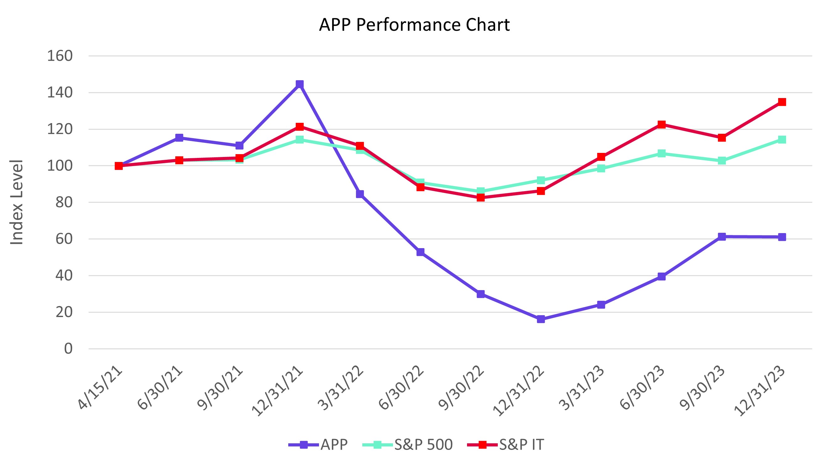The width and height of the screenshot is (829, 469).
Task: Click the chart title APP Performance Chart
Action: coord(414,25)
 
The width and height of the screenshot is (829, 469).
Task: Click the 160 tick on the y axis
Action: coord(60,56)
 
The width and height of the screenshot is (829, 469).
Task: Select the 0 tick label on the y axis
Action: coord(68,348)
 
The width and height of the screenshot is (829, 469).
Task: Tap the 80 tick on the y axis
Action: coord(64,202)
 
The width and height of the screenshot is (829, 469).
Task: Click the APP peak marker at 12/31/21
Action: coord(300,84)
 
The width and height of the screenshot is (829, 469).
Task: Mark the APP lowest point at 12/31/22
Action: coord(541,319)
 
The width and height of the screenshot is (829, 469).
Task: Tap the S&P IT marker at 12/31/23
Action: coord(782,102)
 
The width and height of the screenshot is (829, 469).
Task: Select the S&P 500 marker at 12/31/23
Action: coord(782,139)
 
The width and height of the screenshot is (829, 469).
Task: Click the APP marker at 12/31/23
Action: coord(782,237)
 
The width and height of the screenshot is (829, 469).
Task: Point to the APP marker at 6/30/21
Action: coord(179,138)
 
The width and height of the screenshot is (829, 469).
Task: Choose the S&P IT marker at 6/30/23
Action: coord(661,125)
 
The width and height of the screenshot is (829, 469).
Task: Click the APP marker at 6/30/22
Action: coord(420,252)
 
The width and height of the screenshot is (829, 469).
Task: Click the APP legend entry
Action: coord(319,445)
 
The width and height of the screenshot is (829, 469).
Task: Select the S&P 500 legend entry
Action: coord(408,445)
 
